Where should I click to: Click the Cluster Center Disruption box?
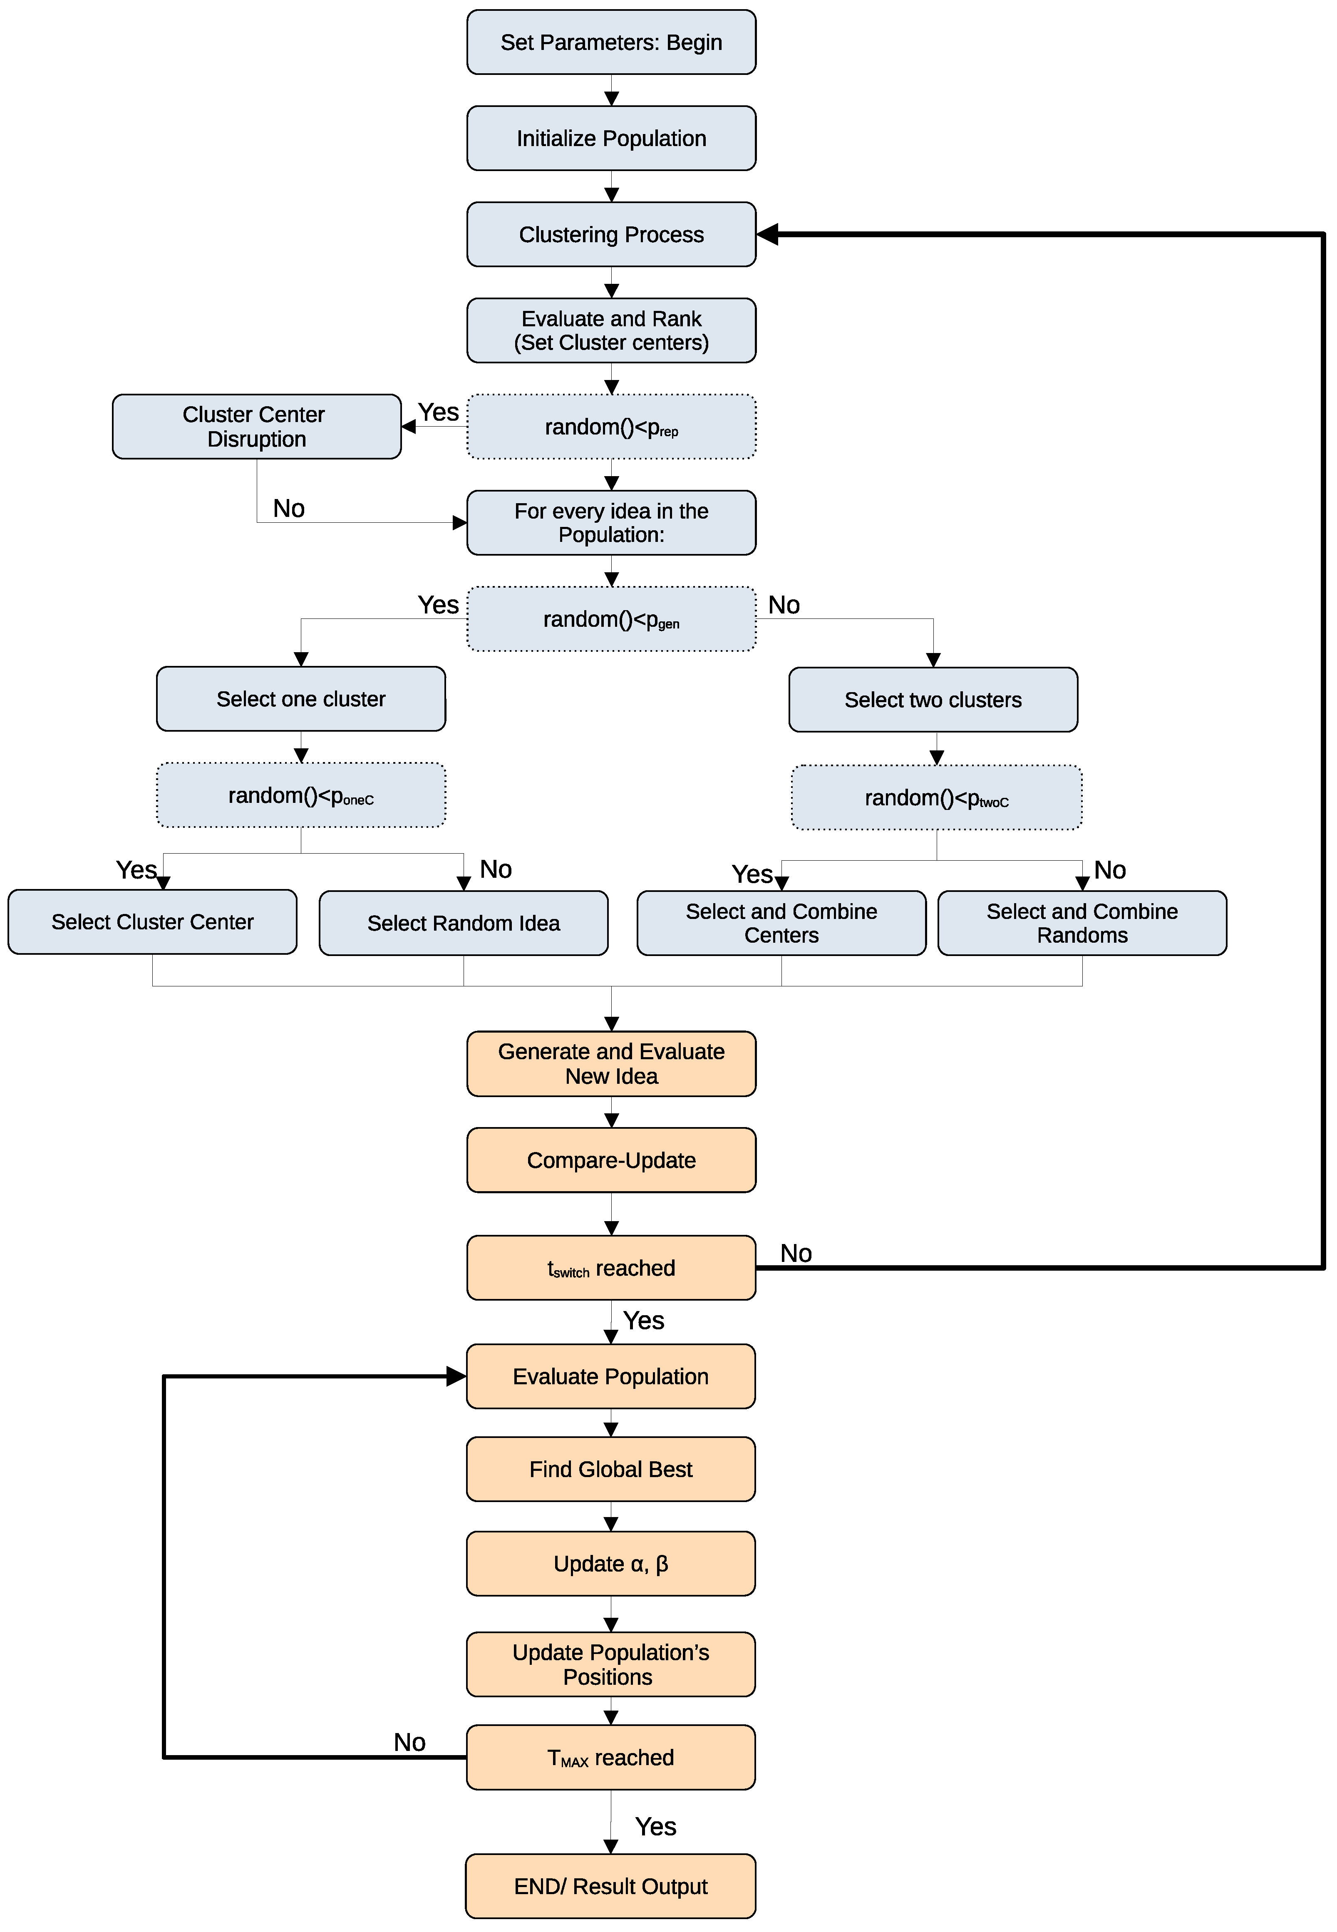click(x=256, y=427)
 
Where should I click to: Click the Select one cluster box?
click(x=301, y=699)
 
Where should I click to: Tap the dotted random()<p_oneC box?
click(x=301, y=795)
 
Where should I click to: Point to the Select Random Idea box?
click(x=463, y=922)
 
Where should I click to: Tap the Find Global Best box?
click(x=611, y=1469)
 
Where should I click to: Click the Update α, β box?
click(x=611, y=1563)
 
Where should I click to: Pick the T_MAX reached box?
click(x=611, y=1757)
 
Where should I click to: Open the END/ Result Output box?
click(x=611, y=1886)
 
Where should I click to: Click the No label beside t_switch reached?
click(x=796, y=1253)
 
